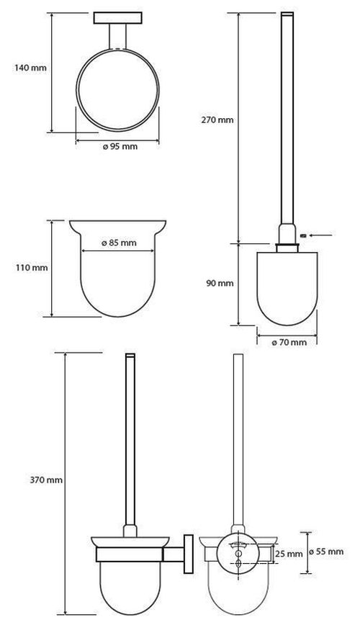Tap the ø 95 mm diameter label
[x=120, y=146]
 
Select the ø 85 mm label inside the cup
[x=120, y=243]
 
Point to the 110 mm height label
[x=31, y=268]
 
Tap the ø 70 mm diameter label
[x=289, y=342]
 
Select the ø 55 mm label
[x=328, y=552]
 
